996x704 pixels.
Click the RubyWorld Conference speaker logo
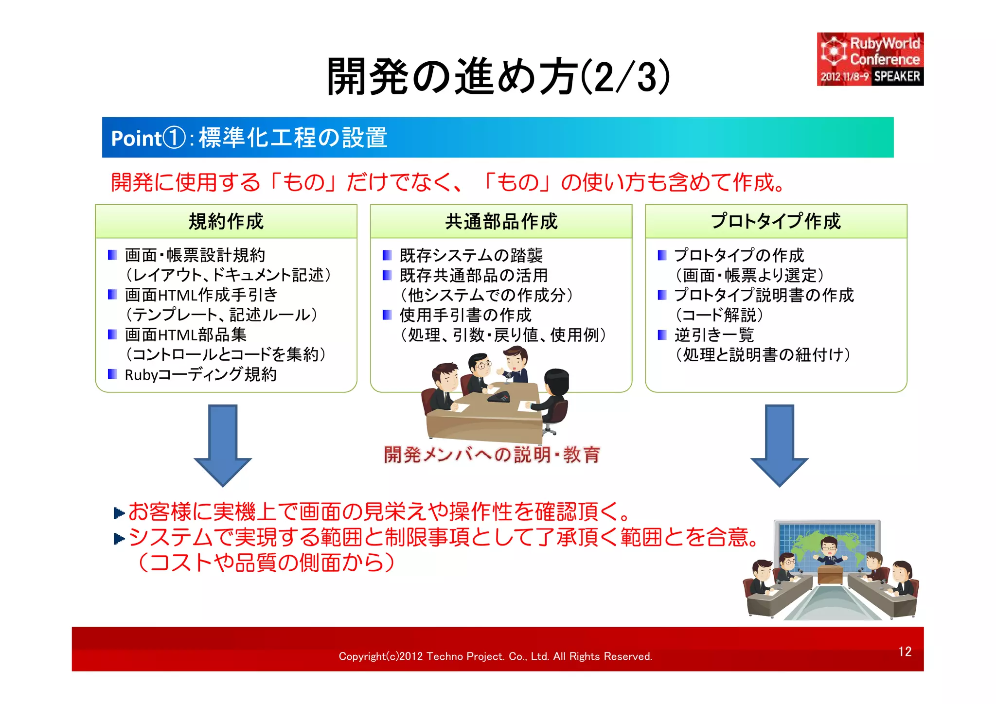(x=870, y=59)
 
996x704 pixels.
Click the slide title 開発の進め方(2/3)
(x=498, y=77)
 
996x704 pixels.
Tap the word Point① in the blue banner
(x=148, y=138)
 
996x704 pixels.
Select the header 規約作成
(x=226, y=222)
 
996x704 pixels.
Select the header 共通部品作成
(x=501, y=222)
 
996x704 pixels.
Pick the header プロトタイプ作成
(x=776, y=222)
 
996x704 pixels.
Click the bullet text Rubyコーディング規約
(x=200, y=374)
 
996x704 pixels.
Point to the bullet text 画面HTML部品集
(x=185, y=334)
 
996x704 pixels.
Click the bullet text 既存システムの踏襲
(x=471, y=255)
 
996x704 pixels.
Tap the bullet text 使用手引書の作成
(x=465, y=315)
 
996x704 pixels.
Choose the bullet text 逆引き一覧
(x=713, y=334)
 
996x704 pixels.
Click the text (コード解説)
(x=719, y=315)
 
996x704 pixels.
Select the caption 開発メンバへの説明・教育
(x=491, y=455)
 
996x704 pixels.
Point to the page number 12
(x=905, y=651)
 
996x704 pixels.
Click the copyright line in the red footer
(x=495, y=656)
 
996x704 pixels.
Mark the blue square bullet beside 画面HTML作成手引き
(x=112, y=295)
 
